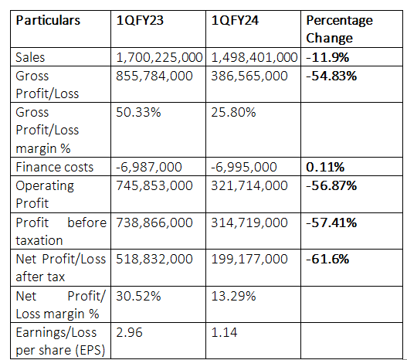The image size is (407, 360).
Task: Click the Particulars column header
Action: [48, 20]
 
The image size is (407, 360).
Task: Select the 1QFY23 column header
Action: [140, 20]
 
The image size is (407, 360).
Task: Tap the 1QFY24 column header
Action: [235, 20]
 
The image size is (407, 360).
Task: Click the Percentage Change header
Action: [340, 29]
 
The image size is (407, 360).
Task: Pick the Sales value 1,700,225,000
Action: [159, 57]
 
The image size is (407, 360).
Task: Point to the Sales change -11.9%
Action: [327, 57]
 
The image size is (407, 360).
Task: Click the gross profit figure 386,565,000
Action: [249, 76]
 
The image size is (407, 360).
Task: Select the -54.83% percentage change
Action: [331, 76]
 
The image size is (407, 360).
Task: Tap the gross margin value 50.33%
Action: [138, 112]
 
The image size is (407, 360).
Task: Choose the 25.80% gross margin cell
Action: [233, 112]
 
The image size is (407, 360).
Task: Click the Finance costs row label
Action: [55, 167]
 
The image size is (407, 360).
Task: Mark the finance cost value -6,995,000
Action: [244, 167]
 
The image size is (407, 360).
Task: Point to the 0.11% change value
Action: [325, 167]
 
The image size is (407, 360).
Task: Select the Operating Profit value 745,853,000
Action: [154, 185]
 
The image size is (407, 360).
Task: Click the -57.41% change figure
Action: [331, 222]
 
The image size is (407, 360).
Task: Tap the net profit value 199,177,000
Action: [249, 259]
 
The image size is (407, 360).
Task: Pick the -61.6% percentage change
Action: [327, 259]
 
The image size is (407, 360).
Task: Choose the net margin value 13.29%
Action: [233, 296]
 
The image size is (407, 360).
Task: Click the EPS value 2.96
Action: [129, 332]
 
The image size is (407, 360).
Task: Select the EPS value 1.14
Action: [224, 332]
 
